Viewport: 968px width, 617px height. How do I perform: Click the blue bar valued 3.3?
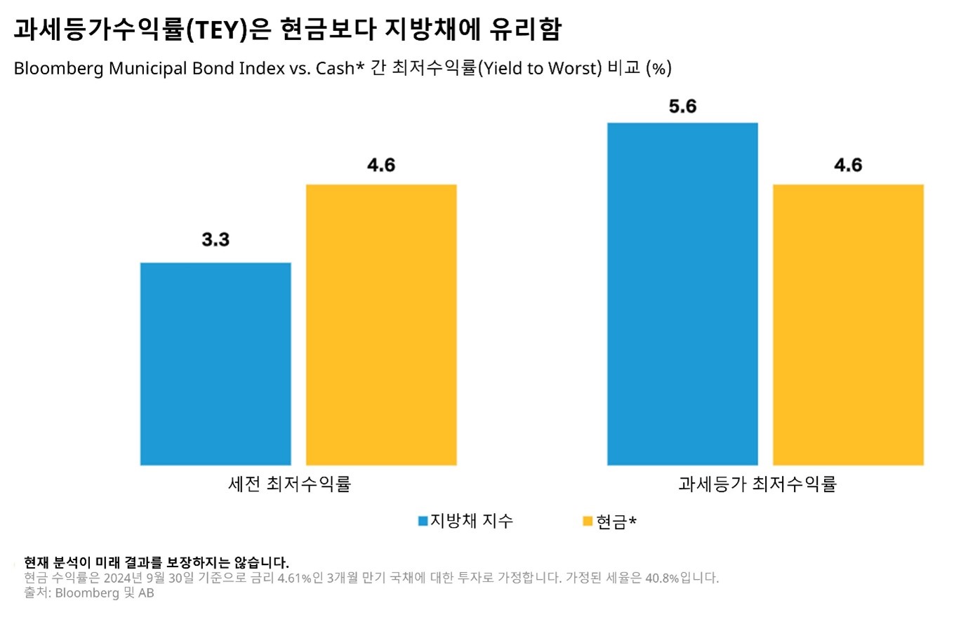tap(216, 364)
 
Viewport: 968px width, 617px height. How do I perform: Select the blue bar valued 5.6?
tap(682, 293)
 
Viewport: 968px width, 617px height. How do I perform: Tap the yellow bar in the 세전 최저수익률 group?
tap(381, 324)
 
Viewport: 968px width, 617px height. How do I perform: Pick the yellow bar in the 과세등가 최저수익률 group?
tap(848, 324)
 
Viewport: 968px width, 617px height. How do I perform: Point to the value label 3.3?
tap(216, 240)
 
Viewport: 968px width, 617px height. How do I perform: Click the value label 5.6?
tap(682, 107)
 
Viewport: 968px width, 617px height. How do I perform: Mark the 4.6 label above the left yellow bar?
tap(381, 166)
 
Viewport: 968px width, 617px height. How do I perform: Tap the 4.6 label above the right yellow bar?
tap(848, 166)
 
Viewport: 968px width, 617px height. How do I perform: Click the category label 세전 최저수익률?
tap(289, 484)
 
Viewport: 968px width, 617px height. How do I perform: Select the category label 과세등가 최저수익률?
tap(757, 484)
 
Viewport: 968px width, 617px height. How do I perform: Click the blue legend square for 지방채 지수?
tap(423, 522)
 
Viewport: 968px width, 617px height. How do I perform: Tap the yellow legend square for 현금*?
tap(588, 522)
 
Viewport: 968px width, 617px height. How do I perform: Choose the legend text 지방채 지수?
tap(472, 522)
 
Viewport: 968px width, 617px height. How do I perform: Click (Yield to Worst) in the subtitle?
tap(540, 69)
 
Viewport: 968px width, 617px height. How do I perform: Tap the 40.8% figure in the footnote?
tap(662, 578)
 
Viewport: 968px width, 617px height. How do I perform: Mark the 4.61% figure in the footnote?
tap(294, 578)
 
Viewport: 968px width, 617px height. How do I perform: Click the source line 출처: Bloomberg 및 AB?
tap(88, 593)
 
